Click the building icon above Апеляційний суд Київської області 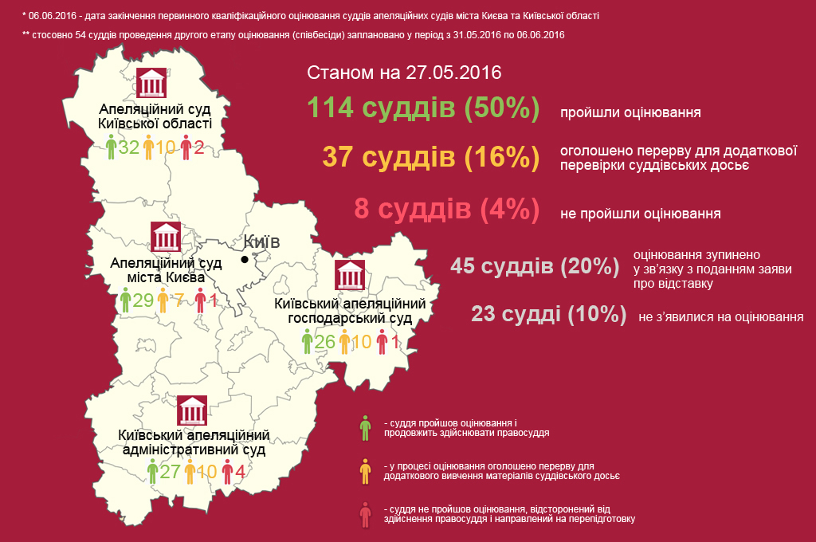coord(152,84)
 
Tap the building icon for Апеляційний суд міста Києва coord(167,237)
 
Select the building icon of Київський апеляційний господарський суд coord(350,276)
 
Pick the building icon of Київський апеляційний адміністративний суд coord(192,411)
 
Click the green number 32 coord(129,147)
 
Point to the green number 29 coord(143,300)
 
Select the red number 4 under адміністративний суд coord(240,471)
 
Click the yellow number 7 coord(180,300)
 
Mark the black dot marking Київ coord(245,259)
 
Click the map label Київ coord(262,242)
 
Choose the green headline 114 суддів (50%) coord(423,108)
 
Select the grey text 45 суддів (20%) coord(535,265)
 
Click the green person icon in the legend coord(365,428)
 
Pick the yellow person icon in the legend coord(365,471)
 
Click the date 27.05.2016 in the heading coord(453,73)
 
